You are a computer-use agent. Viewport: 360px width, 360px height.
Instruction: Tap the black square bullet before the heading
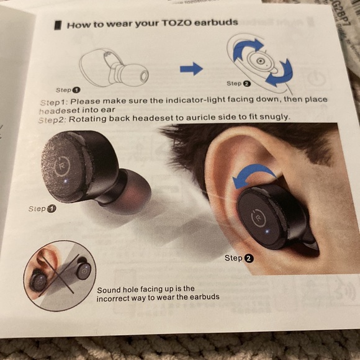58,25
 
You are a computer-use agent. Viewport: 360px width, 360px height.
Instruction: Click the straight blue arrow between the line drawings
191,68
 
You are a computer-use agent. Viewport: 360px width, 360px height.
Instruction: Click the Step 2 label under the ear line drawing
239,83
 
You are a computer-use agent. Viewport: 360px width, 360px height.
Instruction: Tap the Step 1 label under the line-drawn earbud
68,90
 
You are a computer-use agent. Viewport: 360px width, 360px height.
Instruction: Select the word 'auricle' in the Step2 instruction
200,117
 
